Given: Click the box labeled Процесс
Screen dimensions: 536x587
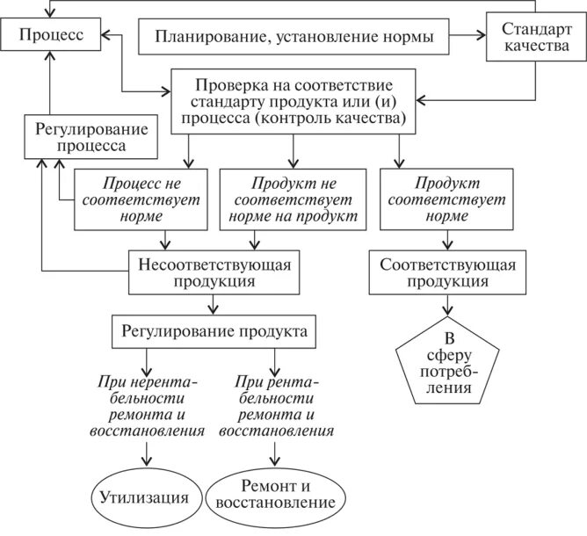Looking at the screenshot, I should click(50, 36).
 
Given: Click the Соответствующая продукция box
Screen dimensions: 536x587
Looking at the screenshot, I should click(447, 272).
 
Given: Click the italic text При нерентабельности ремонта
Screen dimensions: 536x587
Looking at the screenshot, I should click(147, 406).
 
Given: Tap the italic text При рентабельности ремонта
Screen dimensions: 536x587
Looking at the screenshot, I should click(276, 406).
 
